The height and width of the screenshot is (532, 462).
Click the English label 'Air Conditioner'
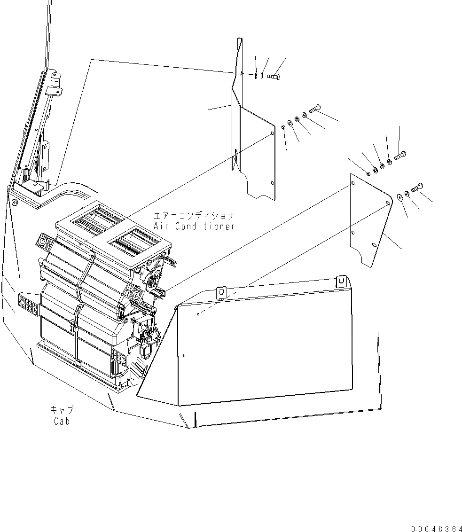(x=194, y=226)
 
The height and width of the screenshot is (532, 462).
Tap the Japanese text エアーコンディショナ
(x=194, y=216)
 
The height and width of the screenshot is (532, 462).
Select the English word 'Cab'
(x=62, y=421)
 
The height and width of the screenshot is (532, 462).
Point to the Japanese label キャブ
(x=62, y=410)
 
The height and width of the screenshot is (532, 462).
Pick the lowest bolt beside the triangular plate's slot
(x=417, y=188)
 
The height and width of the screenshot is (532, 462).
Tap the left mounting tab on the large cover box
(x=221, y=292)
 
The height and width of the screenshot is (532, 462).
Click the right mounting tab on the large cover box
(x=341, y=281)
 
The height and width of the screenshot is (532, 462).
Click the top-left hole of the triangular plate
(x=353, y=184)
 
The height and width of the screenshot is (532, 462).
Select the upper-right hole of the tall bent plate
(x=273, y=134)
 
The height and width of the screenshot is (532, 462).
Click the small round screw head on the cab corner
(x=14, y=203)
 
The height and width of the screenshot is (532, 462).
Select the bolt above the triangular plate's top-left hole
(x=399, y=155)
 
